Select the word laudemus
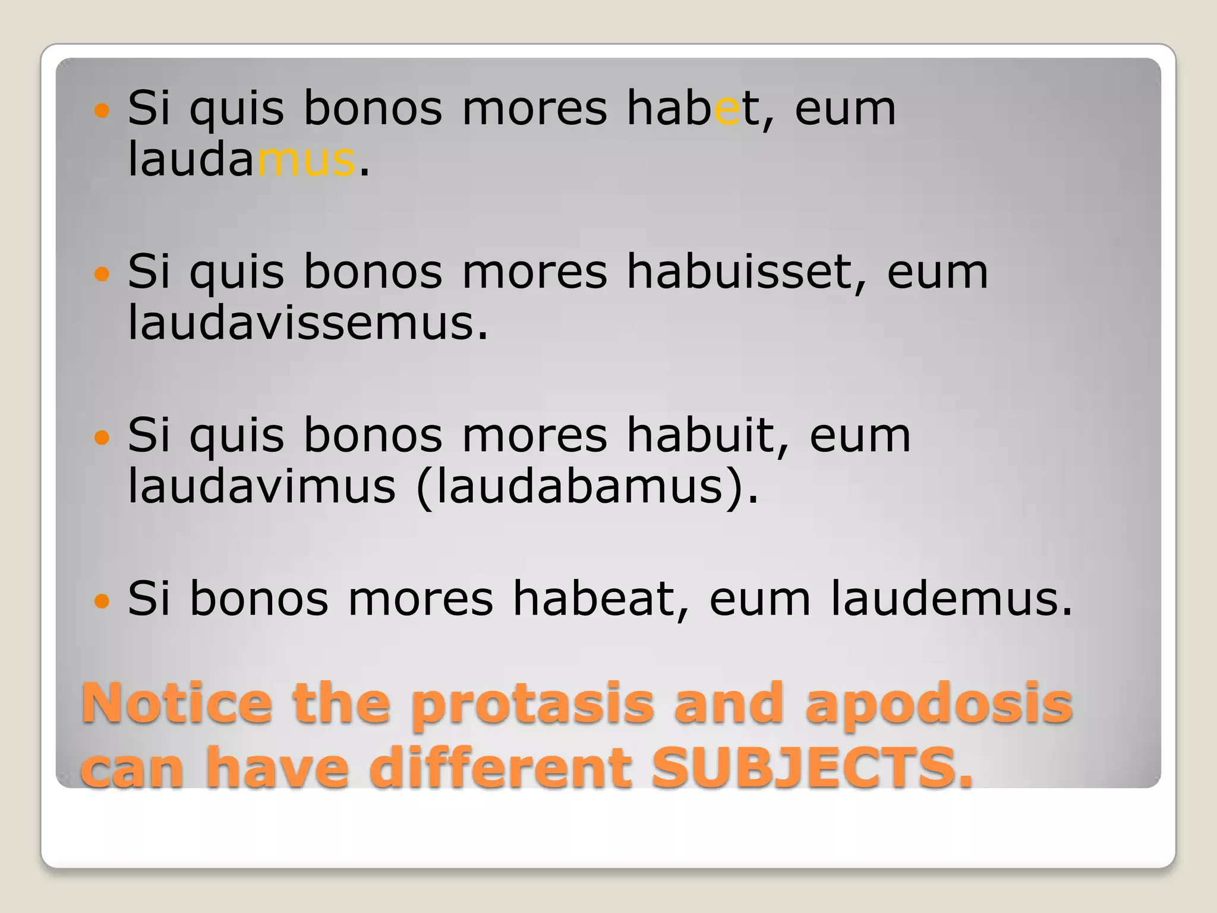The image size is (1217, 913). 951,599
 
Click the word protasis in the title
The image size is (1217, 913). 532,704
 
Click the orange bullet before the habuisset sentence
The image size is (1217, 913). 102,274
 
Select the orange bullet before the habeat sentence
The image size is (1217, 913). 102,601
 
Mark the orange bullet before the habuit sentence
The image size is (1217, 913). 102,438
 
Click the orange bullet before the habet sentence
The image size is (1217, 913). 102,111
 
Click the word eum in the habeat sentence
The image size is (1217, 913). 759,600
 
